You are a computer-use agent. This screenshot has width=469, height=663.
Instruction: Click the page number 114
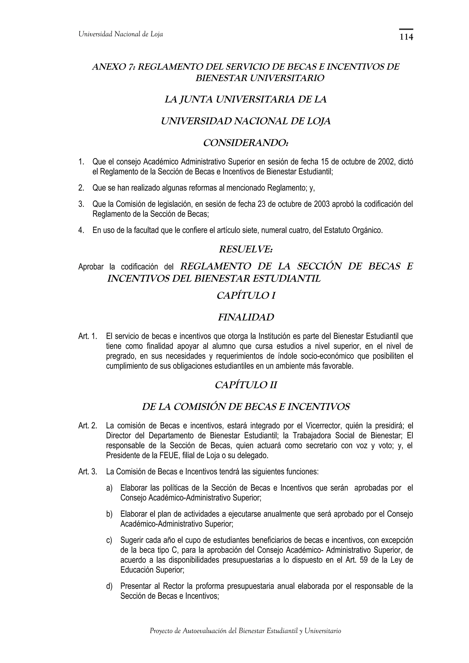click(x=406, y=37)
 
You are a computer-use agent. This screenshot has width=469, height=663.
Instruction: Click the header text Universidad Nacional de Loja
click(x=121, y=34)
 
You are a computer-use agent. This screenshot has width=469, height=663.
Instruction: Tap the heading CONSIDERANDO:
click(x=246, y=143)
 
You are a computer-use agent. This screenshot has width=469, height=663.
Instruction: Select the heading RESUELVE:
click(x=246, y=249)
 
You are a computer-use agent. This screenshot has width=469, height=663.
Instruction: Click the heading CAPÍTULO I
click(x=246, y=296)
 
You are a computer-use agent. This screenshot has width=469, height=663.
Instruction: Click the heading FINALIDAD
click(x=246, y=317)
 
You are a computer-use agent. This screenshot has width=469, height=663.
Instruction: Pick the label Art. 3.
click(x=87, y=472)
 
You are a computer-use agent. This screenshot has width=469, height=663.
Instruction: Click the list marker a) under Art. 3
click(x=109, y=488)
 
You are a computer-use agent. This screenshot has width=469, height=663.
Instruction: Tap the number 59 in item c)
click(x=365, y=560)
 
